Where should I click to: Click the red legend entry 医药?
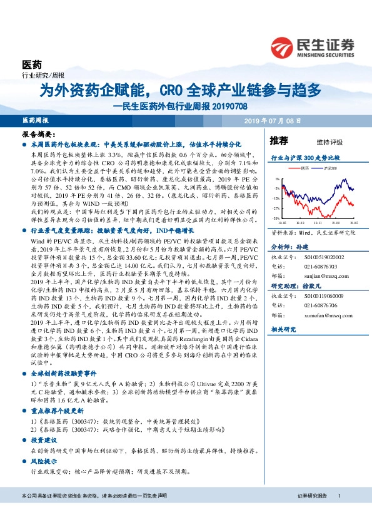[x=304, y=168]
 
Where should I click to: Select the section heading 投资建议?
[x=44, y=440]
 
